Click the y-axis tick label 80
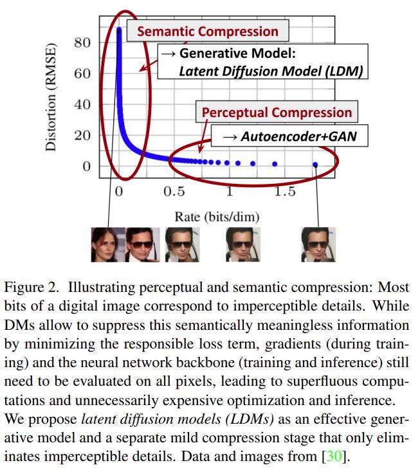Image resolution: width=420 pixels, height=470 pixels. pos(83,43)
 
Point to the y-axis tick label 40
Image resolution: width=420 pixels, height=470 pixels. pos(83,105)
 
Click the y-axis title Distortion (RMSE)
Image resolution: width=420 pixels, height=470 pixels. pos(52,97)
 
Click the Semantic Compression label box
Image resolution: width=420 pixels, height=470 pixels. pos(208,32)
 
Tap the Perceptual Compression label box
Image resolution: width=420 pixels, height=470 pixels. pos(277,113)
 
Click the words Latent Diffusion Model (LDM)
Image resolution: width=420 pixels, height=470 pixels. pos(273,71)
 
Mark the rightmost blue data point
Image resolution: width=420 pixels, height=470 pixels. pos(315,165)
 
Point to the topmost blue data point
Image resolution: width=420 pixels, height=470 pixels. pos(119,30)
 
